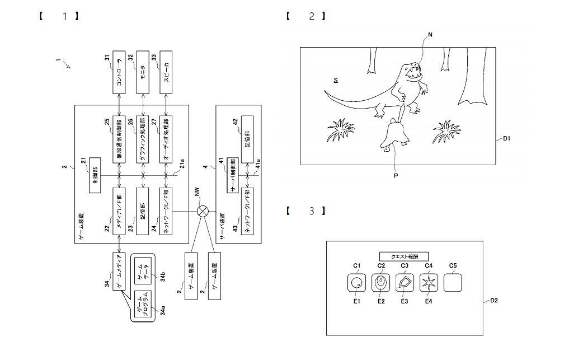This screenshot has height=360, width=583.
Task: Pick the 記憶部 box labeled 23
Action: [x=144, y=214]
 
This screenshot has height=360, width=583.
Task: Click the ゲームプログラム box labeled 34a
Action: [x=144, y=305]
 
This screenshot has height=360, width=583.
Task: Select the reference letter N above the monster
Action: [x=430, y=35]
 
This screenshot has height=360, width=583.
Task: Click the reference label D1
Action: [x=506, y=139]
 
